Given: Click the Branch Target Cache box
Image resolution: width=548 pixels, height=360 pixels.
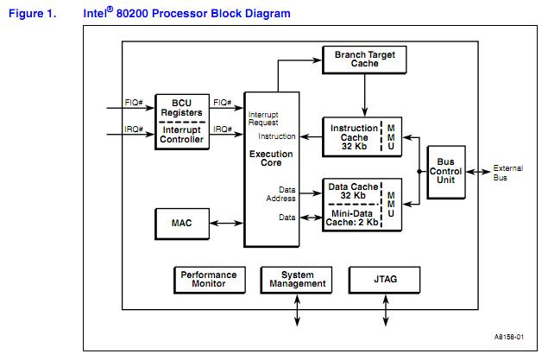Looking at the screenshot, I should click(363, 59).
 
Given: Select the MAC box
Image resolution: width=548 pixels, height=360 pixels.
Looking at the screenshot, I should click(181, 223).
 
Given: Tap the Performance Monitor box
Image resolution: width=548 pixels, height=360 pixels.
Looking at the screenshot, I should click(208, 279).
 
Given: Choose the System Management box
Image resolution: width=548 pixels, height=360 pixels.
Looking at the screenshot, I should click(297, 279).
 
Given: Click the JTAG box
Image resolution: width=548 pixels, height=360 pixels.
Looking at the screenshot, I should click(385, 279).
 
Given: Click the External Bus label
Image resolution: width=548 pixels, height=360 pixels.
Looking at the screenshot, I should click(505, 173).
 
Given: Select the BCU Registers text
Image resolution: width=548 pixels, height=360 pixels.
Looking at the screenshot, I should click(181, 107).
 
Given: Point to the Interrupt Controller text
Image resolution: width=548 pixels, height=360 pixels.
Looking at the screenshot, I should click(181, 134).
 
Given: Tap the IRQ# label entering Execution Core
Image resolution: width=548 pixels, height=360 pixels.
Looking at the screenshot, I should click(224, 129).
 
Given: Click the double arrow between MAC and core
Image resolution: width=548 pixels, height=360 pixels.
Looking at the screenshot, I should click(226, 223).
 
